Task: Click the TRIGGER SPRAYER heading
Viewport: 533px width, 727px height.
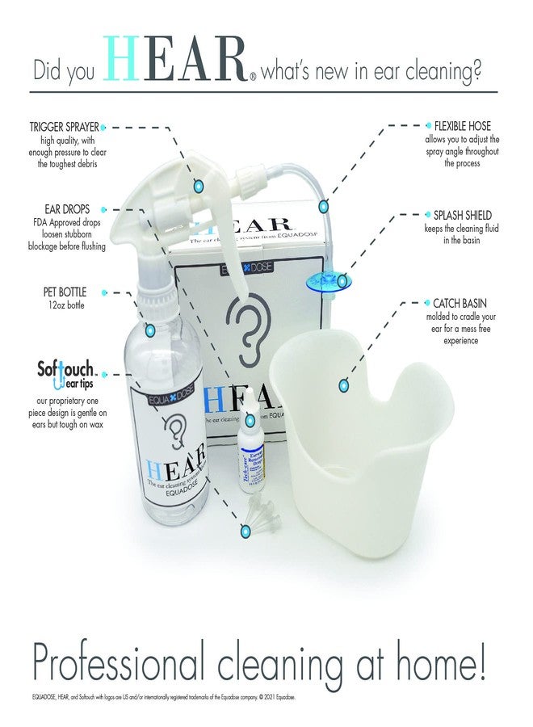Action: tap(65, 127)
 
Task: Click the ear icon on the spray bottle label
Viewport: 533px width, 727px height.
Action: tap(174, 425)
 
